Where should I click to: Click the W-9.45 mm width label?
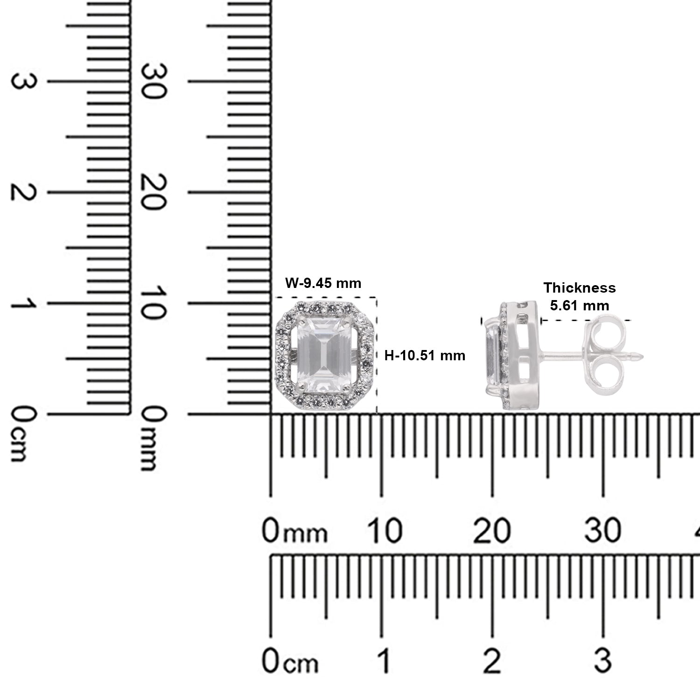tap(323, 283)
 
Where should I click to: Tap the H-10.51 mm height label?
tap(425, 356)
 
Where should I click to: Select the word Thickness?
tap(580, 288)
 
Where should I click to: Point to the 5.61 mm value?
tap(580, 306)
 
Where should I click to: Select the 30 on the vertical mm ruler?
tap(154, 81)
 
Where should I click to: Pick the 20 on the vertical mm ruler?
tap(154, 192)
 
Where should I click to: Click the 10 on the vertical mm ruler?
tap(154, 303)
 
